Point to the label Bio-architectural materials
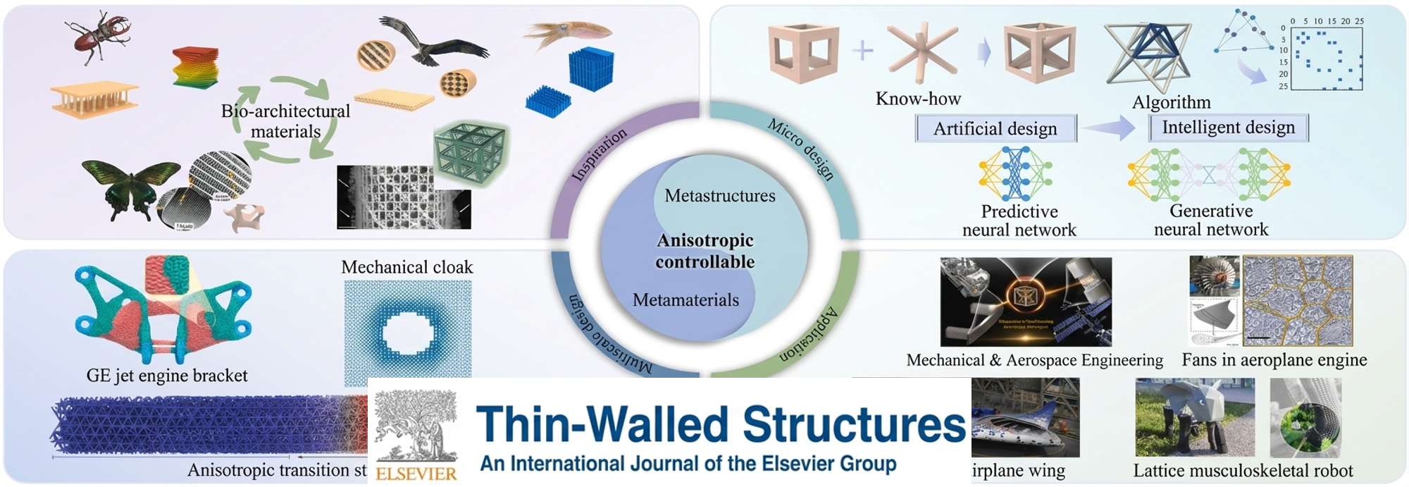[x=285, y=121]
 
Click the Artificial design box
[x=995, y=129]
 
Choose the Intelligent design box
[x=1228, y=128]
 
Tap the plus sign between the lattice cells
[x=862, y=50]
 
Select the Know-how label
[x=918, y=99]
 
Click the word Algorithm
[x=1171, y=102]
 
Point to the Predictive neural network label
[x=1019, y=221]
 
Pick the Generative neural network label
[x=1211, y=220]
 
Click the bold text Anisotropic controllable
[x=705, y=251]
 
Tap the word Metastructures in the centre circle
[x=720, y=196]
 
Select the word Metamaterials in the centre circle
[x=685, y=300]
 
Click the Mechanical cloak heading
[x=407, y=267]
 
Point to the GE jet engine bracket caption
[x=167, y=376]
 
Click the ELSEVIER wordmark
[x=416, y=474]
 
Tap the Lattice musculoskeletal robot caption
[x=1243, y=471]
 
